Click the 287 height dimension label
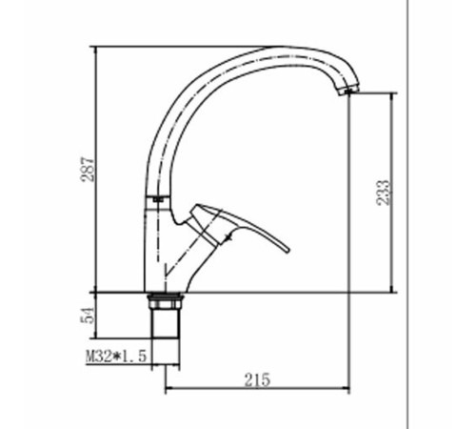tap(88, 169)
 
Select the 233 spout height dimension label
tap(383, 193)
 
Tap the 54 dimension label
tap(88, 316)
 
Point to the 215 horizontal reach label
tap(257, 379)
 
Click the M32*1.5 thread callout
tap(116, 356)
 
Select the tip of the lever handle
tap(288, 251)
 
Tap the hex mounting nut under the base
tap(166, 301)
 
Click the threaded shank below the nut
tap(165, 323)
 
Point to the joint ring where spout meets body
tap(158, 199)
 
